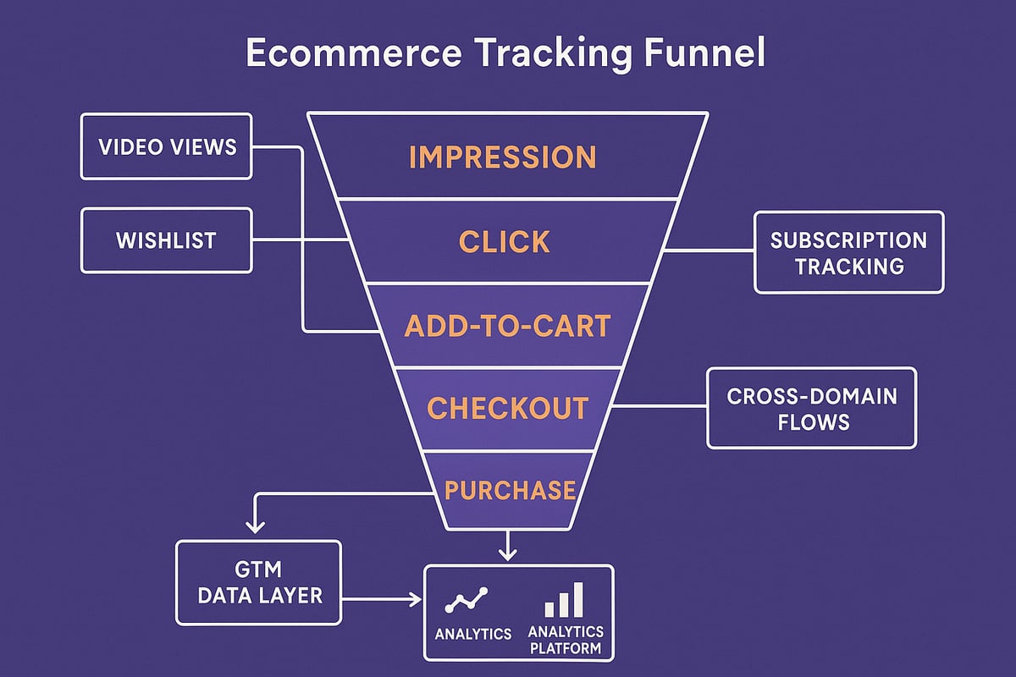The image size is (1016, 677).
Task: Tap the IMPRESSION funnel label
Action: (x=502, y=157)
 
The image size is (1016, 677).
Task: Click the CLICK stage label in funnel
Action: (x=505, y=242)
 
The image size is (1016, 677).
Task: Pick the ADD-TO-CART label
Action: (x=507, y=327)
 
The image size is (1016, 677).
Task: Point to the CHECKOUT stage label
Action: (x=507, y=408)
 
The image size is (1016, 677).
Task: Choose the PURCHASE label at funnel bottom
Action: (x=510, y=490)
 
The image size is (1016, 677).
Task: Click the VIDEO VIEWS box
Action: (x=167, y=147)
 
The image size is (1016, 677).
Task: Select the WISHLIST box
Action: (x=167, y=240)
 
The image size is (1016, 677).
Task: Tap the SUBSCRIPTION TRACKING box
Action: (x=848, y=252)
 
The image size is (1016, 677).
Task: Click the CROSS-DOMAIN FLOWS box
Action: (x=811, y=407)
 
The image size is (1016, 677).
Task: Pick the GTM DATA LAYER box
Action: (x=258, y=583)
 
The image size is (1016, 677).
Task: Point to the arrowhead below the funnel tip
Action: (x=507, y=553)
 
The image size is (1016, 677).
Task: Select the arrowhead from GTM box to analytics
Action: (x=416, y=599)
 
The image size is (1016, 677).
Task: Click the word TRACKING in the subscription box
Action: (x=848, y=266)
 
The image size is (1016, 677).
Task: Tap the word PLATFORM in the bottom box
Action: (x=566, y=649)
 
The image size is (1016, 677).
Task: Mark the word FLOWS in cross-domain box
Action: (x=811, y=421)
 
